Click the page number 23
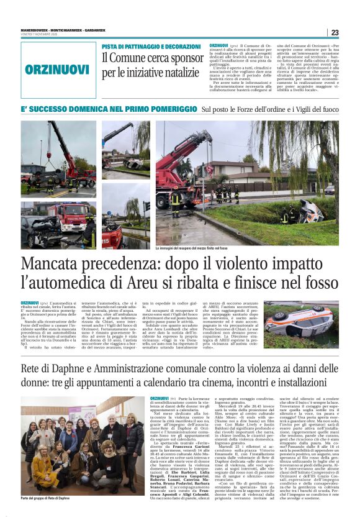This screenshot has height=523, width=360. (335, 33)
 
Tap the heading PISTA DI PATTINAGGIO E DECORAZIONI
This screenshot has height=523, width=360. (151, 47)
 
